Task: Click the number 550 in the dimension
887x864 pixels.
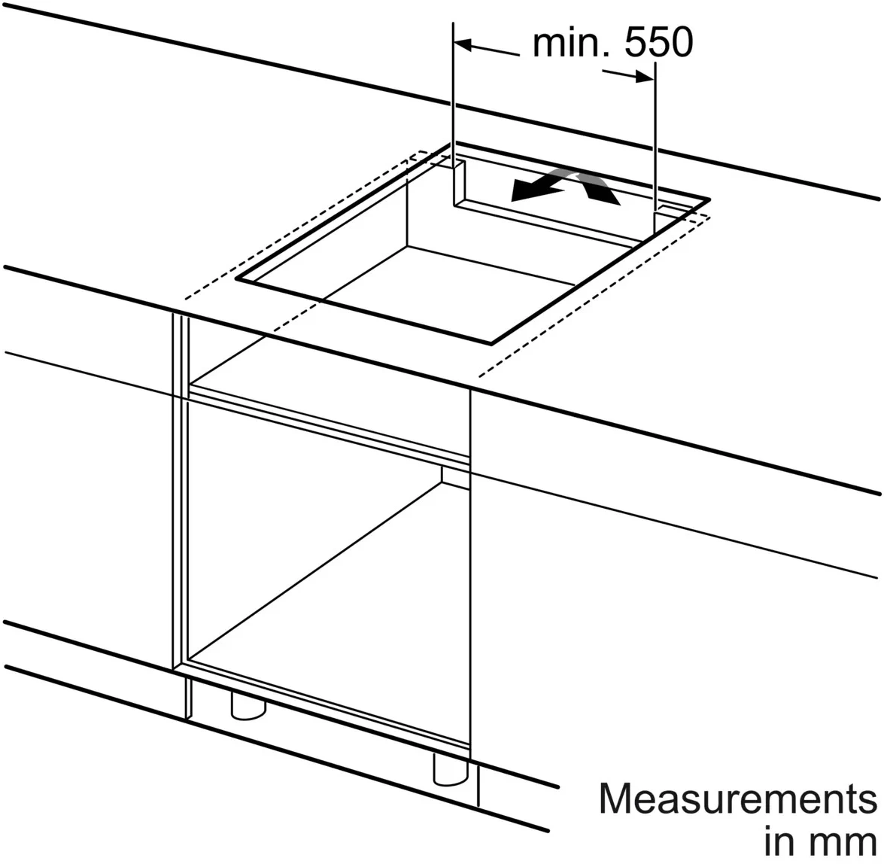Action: [x=658, y=42]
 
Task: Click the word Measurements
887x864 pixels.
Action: [x=738, y=799]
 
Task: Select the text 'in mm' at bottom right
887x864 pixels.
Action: [x=820, y=841]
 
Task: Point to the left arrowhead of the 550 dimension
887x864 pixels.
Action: [x=463, y=44]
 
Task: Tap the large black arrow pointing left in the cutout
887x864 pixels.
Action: [x=537, y=190]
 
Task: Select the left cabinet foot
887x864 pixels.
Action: [x=248, y=705]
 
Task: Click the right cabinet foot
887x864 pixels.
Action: [x=451, y=769]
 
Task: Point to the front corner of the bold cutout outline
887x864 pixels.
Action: [x=491, y=343]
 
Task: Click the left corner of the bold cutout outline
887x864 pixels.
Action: [x=236, y=278]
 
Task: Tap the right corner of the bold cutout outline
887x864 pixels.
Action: [x=709, y=199]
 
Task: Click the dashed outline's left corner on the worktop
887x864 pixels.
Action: [x=185, y=298]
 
